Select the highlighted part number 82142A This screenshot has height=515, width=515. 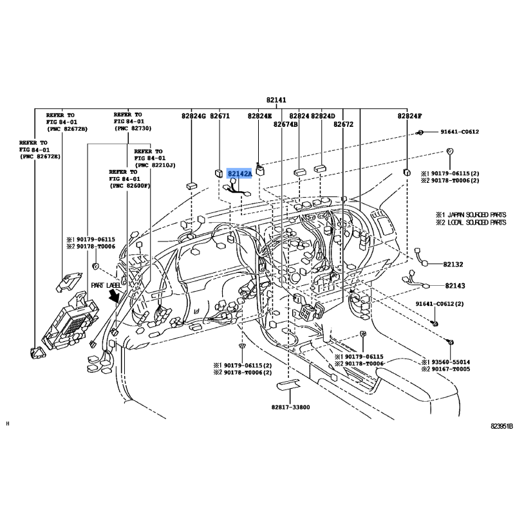[239, 174]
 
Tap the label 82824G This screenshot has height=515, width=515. [192, 116]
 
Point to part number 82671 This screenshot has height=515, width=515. [220, 116]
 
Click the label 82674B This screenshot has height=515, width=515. [286, 124]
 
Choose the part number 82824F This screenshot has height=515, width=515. [409, 116]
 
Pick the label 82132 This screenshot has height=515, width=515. [453, 265]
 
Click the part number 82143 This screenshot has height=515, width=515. [453, 285]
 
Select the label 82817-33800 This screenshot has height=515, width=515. [290, 407]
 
